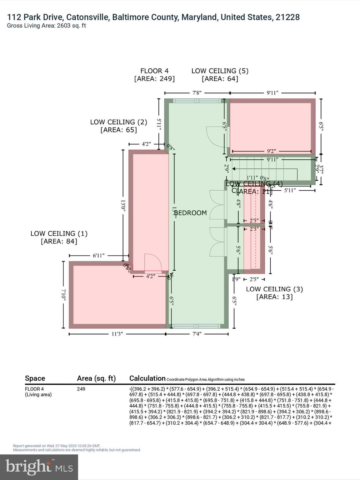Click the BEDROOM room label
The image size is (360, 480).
[190, 213]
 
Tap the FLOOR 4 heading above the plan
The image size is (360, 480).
[154, 71]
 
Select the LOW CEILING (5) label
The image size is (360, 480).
[220, 71]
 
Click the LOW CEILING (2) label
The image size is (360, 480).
[118, 122]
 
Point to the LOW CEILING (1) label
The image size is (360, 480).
[59, 234]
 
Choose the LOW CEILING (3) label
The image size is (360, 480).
[274, 289]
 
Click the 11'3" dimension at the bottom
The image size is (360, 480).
[117, 334]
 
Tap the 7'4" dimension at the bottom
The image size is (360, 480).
[197, 334]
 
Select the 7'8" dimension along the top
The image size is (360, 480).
[197, 93]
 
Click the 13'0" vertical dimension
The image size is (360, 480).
[123, 206]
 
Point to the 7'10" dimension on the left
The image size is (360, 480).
[63, 295]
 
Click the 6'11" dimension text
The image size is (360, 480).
[99, 255]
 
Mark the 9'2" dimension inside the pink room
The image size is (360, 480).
[271, 151]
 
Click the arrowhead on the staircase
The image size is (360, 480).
[234, 169]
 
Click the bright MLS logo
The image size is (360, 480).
[39, 467]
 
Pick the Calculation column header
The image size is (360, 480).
[147, 378]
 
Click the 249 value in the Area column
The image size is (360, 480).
[81, 389]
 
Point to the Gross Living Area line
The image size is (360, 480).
[46, 26]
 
